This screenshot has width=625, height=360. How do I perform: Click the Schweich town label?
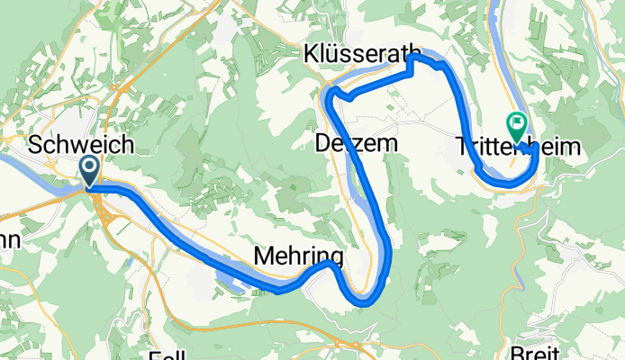(x=82, y=144)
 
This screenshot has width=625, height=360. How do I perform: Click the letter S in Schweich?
(x=37, y=145)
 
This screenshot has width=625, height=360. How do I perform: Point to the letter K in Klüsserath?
(x=311, y=51)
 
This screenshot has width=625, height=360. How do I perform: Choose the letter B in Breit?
(x=538, y=353)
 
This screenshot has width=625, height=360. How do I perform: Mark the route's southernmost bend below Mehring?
(x=364, y=302)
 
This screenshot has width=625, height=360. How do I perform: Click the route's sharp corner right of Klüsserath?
(x=413, y=57)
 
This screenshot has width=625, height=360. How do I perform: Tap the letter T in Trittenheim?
(x=460, y=145)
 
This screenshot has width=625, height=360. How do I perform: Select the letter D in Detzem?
(x=323, y=141)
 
